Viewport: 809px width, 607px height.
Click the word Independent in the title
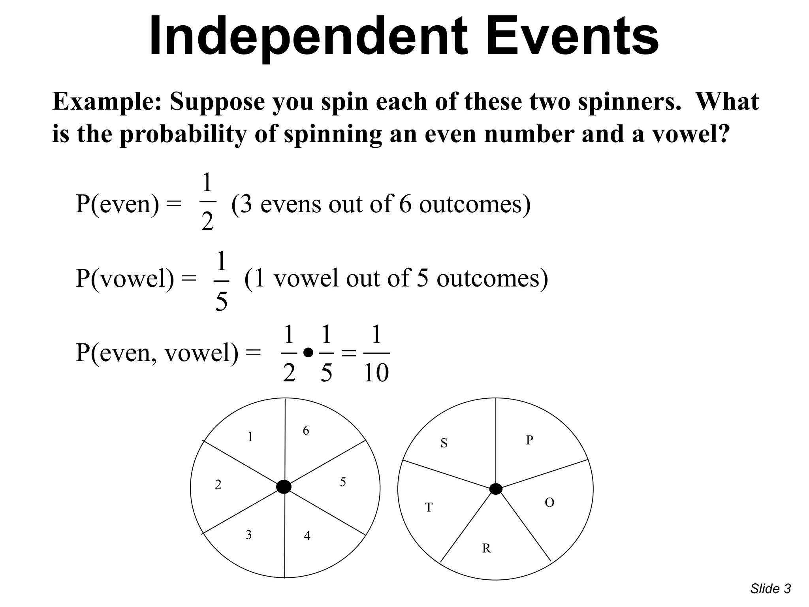(308, 36)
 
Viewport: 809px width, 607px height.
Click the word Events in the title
(572, 36)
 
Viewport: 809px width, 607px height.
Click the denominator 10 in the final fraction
(376, 373)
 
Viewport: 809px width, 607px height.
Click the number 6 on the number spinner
(306, 431)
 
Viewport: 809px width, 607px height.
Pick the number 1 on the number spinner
(250, 437)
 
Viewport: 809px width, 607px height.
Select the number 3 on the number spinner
(248, 535)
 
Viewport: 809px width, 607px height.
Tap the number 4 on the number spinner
(307, 536)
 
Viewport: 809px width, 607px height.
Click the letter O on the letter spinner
(549, 503)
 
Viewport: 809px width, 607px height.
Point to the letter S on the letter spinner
(444, 443)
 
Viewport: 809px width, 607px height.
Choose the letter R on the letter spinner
(486, 549)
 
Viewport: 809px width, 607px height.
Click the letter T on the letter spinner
(429, 507)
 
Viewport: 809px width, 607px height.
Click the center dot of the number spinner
(284, 487)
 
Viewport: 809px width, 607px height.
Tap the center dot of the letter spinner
(495, 489)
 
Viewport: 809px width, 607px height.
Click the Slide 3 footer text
(770, 589)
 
